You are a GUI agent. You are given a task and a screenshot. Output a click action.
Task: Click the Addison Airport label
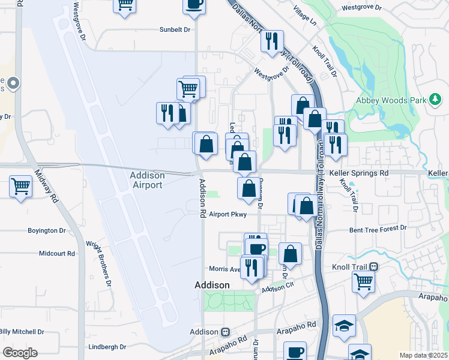147,180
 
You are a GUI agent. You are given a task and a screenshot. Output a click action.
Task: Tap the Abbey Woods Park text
390,100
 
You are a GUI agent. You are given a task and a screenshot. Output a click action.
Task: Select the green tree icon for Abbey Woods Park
436,99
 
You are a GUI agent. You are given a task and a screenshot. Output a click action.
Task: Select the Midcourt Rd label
56,253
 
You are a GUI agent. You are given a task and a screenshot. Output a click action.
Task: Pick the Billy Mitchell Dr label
22,331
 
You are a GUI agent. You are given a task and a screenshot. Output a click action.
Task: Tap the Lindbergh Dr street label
106,347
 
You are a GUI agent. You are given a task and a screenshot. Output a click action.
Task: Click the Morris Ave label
224,269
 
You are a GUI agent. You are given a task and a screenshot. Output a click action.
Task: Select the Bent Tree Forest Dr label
378,229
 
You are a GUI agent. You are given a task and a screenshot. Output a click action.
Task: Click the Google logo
20,353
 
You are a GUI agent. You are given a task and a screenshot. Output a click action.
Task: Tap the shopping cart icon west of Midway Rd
20,187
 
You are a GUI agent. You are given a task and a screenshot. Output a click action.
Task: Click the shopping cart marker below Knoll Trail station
363,281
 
